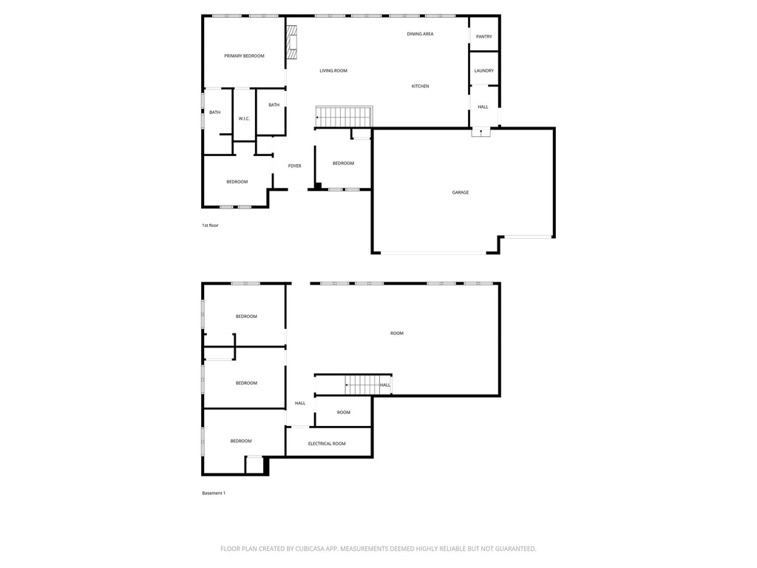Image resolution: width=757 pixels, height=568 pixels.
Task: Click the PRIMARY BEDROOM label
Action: [x=244, y=56]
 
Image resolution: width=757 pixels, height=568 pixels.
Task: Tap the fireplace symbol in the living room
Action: [x=291, y=42]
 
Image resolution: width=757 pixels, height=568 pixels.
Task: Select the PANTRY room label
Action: [x=483, y=37]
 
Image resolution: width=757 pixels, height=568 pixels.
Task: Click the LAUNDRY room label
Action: [x=483, y=70]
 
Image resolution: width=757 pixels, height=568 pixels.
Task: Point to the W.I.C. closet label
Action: [x=244, y=119]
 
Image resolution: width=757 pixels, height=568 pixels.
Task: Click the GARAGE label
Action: [x=460, y=192]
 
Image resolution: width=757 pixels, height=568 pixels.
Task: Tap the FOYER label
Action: [x=294, y=166]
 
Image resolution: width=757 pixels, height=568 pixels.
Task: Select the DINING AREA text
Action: [x=420, y=34]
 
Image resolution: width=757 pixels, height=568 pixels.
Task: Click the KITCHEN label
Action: [x=420, y=86]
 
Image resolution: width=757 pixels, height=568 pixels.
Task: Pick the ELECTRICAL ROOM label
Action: [x=327, y=444]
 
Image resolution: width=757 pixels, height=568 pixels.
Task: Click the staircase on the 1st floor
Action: [x=344, y=116]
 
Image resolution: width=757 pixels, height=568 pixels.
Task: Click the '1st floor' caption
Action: [x=210, y=225]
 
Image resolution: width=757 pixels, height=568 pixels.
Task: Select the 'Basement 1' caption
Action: [x=214, y=493]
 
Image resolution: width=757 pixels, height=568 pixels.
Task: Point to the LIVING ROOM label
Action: [x=333, y=70]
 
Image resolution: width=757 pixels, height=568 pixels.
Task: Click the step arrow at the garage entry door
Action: [x=481, y=132]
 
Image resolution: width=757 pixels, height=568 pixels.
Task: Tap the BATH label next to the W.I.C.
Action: [x=215, y=112]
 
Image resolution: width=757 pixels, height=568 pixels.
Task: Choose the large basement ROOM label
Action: [x=397, y=334]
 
